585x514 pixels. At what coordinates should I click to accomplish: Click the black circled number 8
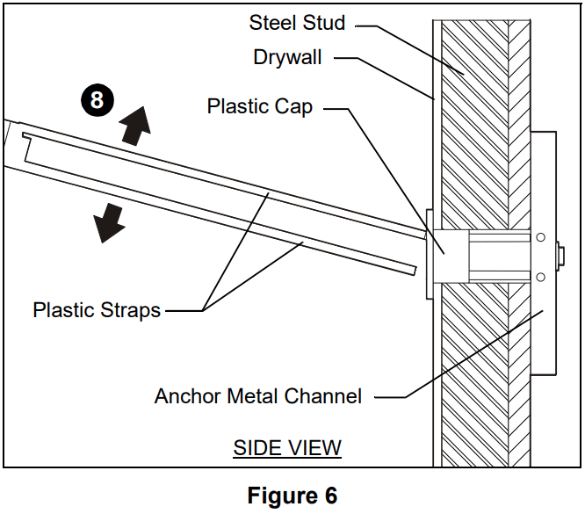[x=97, y=99]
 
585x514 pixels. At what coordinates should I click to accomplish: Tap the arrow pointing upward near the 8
[x=135, y=126]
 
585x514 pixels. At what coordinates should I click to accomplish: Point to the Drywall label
[x=287, y=58]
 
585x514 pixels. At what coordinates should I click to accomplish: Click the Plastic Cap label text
[x=260, y=107]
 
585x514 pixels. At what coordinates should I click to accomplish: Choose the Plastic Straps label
[x=97, y=310]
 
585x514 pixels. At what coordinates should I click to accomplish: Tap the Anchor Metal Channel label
[x=258, y=396]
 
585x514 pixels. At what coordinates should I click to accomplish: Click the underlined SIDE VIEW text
[x=286, y=448]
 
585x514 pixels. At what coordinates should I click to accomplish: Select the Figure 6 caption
[x=292, y=496]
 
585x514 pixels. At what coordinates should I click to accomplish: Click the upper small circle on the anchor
[x=540, y=237]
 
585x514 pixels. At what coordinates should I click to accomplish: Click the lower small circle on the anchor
[x=540, y=278]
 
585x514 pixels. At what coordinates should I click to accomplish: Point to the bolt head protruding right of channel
[x=560, y=257]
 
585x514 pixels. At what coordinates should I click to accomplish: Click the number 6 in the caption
[x=329, y=496]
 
